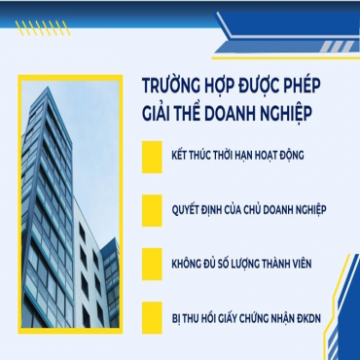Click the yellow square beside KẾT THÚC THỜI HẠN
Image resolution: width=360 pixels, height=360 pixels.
coord(150,159)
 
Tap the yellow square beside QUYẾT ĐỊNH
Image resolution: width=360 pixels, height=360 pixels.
coord(150,209)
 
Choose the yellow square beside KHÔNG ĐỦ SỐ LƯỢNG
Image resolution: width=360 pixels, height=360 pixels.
coord(150,261)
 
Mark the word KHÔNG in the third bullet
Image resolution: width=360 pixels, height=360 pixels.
coord(187,261)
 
